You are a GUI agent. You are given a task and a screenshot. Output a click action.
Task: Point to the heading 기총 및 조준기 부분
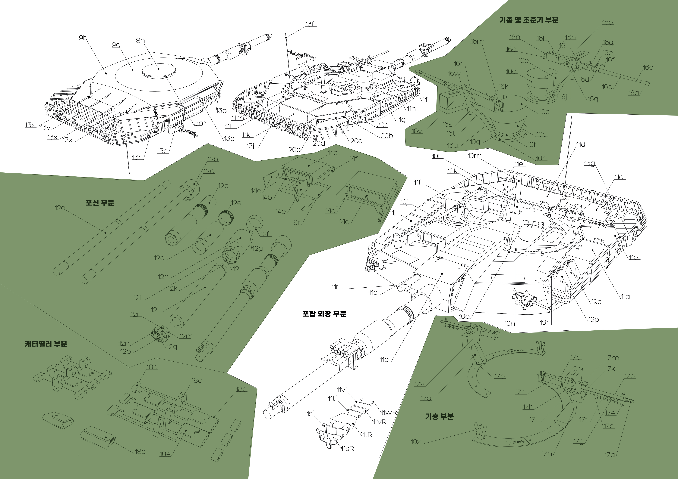coord(529,20)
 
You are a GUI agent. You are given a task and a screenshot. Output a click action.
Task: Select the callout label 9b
coord(83,38)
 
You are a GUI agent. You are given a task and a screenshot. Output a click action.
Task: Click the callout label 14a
coord(333,153)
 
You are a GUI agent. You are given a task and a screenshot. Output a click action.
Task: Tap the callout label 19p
coord(593,320)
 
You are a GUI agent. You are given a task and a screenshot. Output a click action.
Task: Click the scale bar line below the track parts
coord(58,456)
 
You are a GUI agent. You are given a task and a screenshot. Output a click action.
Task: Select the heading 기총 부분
coord(439,416)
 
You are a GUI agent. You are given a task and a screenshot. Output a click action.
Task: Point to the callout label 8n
coord(140,41)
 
